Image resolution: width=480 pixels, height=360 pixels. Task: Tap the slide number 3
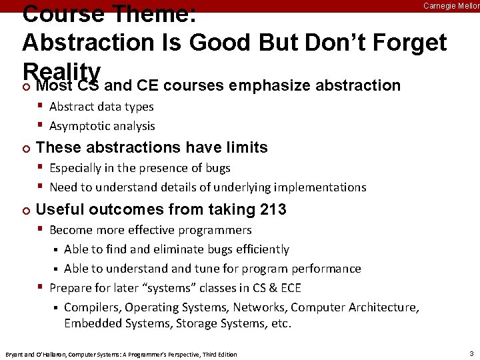tap(471, 353)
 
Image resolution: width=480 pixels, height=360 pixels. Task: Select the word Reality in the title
tap(61, 71)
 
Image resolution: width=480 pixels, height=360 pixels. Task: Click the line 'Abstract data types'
tap(101, 107)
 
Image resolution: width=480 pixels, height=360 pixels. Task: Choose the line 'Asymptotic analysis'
tap(102, 126)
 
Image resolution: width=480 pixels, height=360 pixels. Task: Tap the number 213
tap(272, 209)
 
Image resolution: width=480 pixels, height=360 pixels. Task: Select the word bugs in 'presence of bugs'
tap(217, 168)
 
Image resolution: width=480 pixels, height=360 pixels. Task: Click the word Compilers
tap(93, 307)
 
